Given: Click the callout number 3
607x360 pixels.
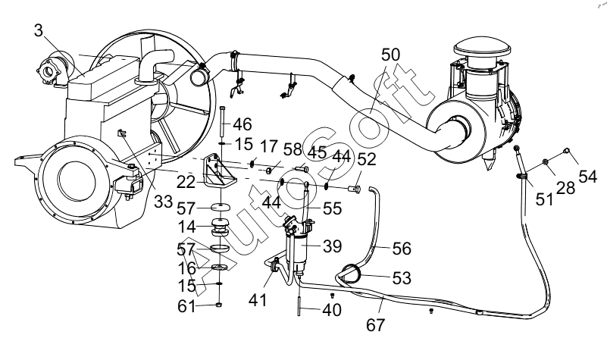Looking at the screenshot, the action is pos(38,30).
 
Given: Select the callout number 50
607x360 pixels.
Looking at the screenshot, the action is pos(390,55).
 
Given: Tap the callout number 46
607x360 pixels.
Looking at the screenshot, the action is pos(242,124).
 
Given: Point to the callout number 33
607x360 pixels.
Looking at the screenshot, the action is pos(163,202).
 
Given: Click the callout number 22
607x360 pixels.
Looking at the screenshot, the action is pos(186,182).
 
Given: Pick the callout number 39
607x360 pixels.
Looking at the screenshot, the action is pos(332,246).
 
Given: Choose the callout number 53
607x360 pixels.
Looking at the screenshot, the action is pos(402,278).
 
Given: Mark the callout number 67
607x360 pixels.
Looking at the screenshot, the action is pos(376,325).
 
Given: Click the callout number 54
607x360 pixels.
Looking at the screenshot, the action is pos(588,177).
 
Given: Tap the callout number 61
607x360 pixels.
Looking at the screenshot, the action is pos(187,306).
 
